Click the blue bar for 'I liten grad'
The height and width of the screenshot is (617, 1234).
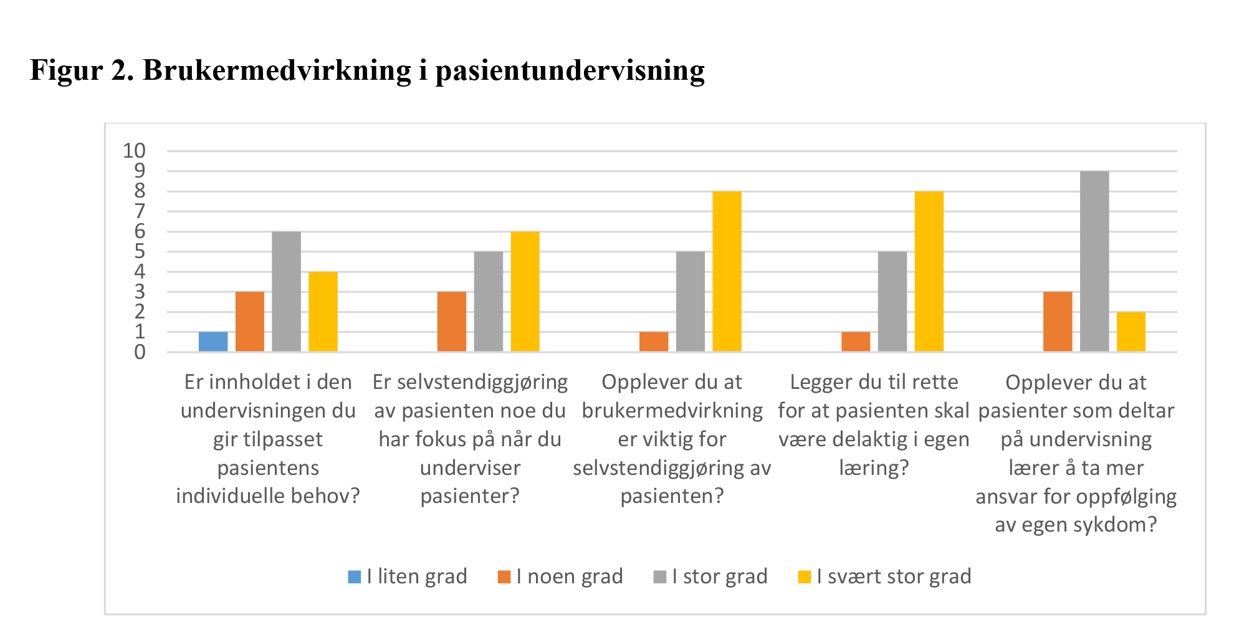click(x=213, y=342)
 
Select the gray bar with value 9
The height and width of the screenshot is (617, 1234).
click(x=1094, y=262)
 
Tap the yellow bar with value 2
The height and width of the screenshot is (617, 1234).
click(x=1131, y=332)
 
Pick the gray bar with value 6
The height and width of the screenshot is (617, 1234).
click(x=287, y=292)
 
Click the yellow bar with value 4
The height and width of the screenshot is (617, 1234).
click(x=323, y=312)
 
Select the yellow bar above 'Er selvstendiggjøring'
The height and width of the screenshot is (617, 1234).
click(x=525, y=292)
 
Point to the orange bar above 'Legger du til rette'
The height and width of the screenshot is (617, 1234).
click(x=856, y=342)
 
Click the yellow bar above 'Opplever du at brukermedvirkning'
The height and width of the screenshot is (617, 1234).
click(x=727, y=272)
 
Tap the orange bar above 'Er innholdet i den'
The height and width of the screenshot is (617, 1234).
click(x=250, y=322)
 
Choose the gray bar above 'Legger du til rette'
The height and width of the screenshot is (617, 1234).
click(x=892, y=302)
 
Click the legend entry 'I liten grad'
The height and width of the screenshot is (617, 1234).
click(x=408, y=576)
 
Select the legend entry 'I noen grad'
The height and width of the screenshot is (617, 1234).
click(x=561, y=576)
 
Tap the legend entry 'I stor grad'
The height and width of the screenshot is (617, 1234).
click(x=711, y=576)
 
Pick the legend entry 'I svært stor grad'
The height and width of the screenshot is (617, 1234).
click(x=885, y=576)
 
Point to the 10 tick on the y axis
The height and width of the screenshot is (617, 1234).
click(x=134, y=151)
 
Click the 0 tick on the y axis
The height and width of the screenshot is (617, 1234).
click(x=140, y=352)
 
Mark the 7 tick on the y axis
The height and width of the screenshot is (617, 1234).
click(x=140, y=211)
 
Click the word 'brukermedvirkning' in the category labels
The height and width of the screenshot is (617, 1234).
click(x=672, y=411)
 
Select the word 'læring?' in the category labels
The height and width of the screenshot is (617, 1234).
click(x=874, y=467)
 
